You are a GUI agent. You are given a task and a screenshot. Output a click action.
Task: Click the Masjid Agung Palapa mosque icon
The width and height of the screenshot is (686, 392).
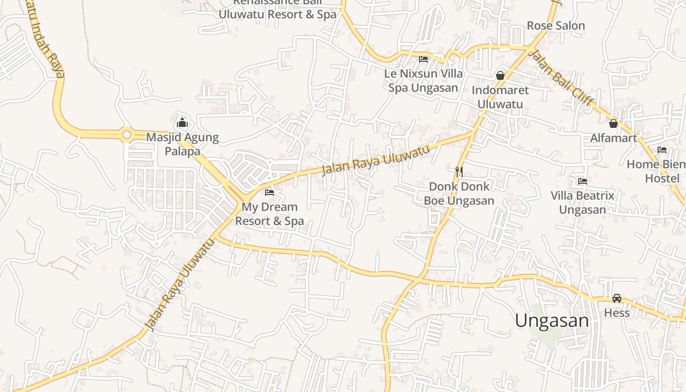click(x=182, y=122)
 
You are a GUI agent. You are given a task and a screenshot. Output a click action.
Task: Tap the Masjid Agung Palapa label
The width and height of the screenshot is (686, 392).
click(x=182, y=144)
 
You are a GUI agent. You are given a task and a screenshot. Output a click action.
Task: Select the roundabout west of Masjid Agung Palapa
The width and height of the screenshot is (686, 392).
click(x=127, y=133)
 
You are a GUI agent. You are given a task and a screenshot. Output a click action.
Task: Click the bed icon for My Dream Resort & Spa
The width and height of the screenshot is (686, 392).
click(x=269, y=192)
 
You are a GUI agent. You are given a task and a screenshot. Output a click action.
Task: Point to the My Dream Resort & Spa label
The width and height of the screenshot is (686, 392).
click(x=269, y=214)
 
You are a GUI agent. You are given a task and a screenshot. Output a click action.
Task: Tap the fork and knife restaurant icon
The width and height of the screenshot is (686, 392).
click(x=459, y=171)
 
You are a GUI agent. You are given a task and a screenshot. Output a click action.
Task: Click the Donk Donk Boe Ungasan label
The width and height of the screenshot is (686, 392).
click(x=459, y=194)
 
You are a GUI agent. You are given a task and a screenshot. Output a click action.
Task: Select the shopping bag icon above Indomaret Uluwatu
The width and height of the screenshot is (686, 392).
click(x=500, y=75)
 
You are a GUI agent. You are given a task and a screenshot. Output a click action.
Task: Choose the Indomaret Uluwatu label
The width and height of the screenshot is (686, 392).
click(x=500, y=97)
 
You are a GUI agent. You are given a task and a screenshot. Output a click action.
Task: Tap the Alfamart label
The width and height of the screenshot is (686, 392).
click(x=613, y=138)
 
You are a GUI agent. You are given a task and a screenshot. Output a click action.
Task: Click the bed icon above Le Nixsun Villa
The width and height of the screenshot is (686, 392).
click(x=423, y=59)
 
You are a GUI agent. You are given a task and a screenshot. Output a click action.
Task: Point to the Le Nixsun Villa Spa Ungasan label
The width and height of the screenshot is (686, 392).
click(x=424, y=81)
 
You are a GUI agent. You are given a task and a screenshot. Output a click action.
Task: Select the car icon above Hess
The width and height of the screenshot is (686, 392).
click(x=617, y=298)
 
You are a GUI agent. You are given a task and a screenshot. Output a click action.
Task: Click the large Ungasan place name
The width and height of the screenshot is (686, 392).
click(x=552, y=320)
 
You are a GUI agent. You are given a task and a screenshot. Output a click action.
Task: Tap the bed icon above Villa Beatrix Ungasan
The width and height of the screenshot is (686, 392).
click(x=582, y=181)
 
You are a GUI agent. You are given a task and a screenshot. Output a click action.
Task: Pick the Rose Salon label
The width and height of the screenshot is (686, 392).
click(x=556, y=25)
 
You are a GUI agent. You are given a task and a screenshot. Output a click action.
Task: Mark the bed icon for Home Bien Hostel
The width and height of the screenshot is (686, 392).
click(x=662, y=149)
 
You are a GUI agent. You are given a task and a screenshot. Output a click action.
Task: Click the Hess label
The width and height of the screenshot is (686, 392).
click(x=617, y=313)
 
